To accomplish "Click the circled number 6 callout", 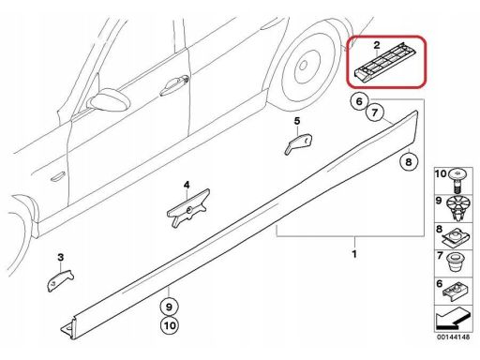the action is (359, 101).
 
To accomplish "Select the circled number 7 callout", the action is (375, 112).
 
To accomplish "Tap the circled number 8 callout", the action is (409, 161).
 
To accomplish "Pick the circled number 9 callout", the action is (169, 307).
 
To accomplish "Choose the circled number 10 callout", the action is (170, 325).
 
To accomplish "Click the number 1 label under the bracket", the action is (354, 254).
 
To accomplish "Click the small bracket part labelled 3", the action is (60, 280).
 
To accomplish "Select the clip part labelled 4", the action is (187, 207).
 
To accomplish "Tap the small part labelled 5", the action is (298, 143).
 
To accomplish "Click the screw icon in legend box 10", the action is (457, 181).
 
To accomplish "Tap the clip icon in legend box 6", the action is (457, 292).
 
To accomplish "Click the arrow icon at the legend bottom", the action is (452, 319).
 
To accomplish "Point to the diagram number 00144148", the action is (453, 337).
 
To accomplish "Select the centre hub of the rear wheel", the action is (303, 66).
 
